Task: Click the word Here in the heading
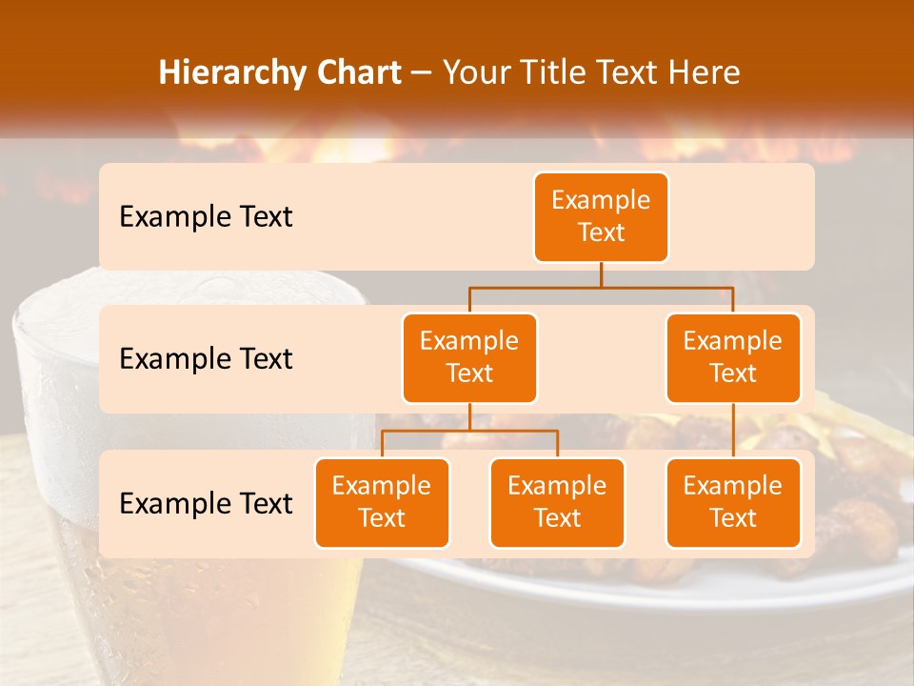coord(704,72)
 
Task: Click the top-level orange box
coord(601,216)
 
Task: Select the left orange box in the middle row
coord(469,357)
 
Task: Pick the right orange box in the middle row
coord(733,357)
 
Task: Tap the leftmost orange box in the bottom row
coord(382,502)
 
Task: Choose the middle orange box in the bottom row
coord(557,502)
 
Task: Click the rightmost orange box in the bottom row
coord(733,502)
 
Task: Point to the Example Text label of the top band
coord(206,216)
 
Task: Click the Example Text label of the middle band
coord(206,358)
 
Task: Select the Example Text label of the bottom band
coord(206,503)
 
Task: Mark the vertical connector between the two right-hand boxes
coord(733,431)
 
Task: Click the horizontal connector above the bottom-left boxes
coord(469,431)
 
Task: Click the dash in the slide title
coord(422,72)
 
